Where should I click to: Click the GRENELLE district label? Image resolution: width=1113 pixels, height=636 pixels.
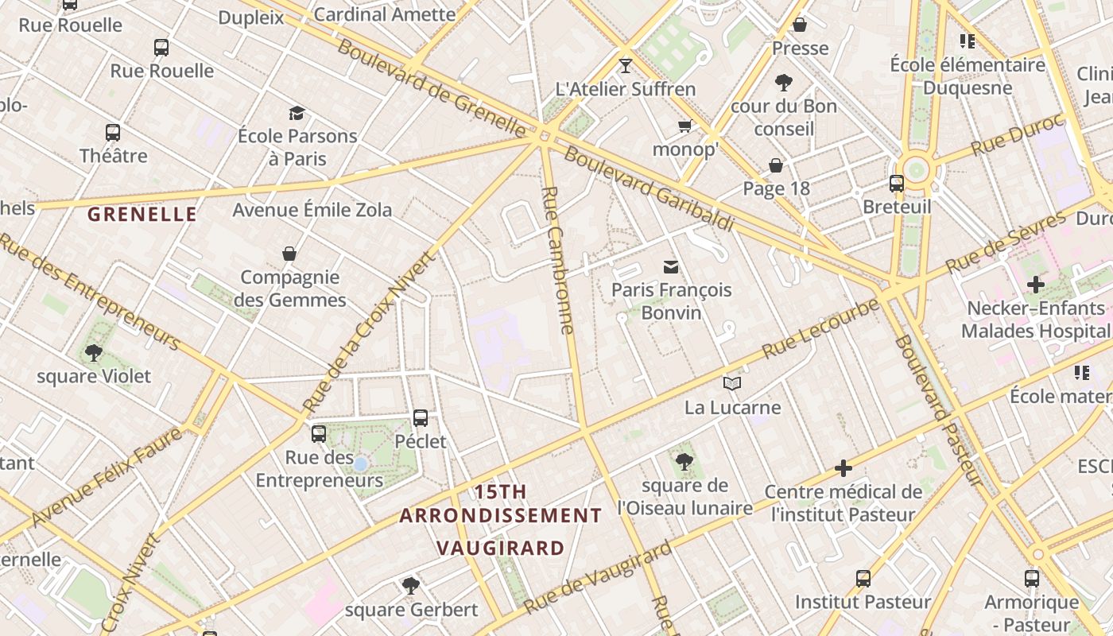(142, 214)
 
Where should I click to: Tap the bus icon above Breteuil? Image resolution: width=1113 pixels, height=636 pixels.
(897, 184)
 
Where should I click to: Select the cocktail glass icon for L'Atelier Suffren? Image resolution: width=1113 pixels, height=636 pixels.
(626, 65)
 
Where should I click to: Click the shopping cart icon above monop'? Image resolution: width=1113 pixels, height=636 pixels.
(684, 126)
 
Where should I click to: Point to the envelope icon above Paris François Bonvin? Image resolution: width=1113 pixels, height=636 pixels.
(671, 266)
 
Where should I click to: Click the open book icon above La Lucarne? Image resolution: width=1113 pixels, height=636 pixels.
(732, 384)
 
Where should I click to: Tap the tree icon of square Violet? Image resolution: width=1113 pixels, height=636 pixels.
(94, 352)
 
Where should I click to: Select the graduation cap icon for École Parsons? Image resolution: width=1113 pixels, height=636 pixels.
(297, 113)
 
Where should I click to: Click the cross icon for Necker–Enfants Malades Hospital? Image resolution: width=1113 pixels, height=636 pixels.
(1035, 284)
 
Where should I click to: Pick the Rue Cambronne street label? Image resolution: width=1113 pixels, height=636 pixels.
(557, 260)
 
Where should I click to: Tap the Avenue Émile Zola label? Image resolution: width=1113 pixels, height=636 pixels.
(312, 210)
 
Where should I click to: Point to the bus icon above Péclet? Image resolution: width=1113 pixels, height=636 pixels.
(421, 417)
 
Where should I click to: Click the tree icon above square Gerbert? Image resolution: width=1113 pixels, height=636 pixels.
(410, 586)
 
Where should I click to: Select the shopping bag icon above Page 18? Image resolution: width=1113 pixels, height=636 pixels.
(776, 165)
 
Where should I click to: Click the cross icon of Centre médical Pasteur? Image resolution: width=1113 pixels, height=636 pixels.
(843, 468)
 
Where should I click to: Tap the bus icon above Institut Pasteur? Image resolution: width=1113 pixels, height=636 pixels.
(863, 578)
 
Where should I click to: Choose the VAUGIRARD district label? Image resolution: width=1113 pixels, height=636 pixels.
(501, 548)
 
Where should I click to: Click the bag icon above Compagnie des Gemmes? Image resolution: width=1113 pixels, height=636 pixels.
(289, 254)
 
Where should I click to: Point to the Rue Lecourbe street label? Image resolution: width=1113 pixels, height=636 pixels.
(820, 328)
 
